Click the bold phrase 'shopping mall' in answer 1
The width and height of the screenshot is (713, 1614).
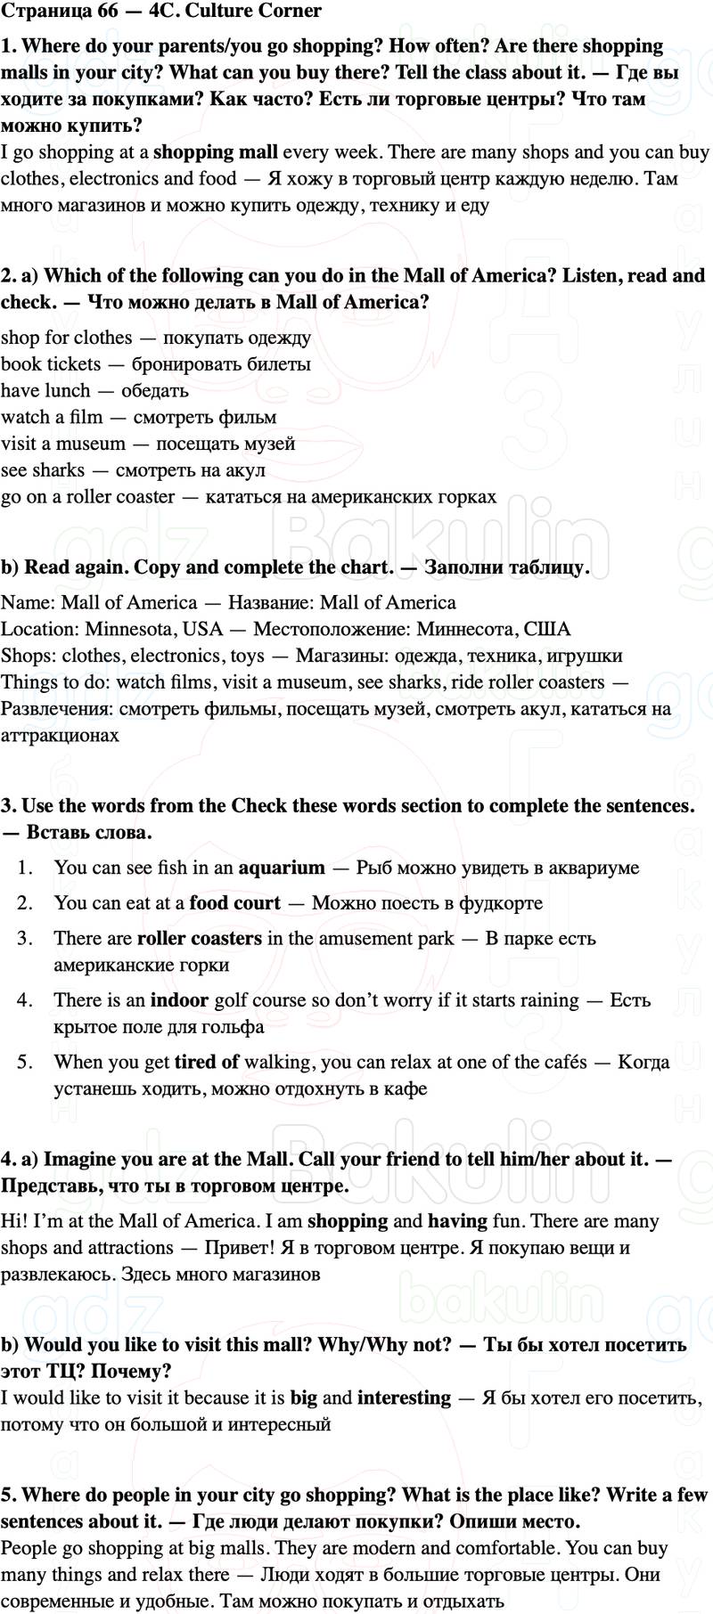tap(216, 152)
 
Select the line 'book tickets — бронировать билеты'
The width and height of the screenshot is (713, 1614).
tap(156, 363)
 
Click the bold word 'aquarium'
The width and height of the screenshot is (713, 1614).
tap(282, 868)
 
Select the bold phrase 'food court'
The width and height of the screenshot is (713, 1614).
tap(234, 903)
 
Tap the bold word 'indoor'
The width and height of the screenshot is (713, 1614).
tap(179, 1000)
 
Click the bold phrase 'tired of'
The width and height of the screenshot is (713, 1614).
tap(207, 1062)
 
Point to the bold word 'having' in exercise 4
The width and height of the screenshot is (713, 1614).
tap(457, 1221)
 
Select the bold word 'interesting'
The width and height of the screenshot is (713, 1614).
tap(404, 1398)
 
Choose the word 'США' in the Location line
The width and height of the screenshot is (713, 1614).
tap(547, 629)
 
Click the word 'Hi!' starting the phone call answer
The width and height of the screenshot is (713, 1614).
tap(13, 1221)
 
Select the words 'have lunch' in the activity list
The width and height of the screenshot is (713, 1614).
tap(45, 390)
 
